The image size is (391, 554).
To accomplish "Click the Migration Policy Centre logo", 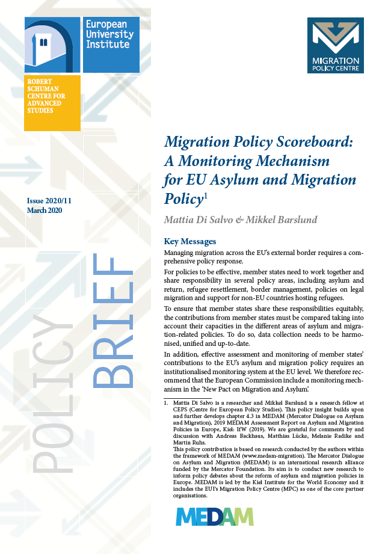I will coord(335,45).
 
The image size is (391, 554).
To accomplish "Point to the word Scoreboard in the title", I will coord(317,143).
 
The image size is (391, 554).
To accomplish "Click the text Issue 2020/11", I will coord(53,200).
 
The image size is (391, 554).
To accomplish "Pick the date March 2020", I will coord(45,210).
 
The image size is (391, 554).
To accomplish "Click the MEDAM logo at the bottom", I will coord(215,517).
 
